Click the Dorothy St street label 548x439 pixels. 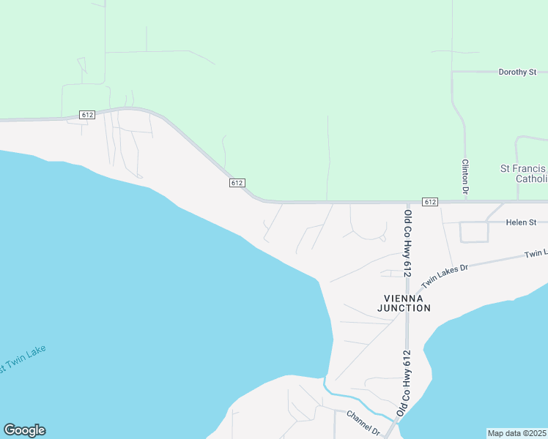(x=517, y=72)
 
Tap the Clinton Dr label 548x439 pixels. (x=465, y=177)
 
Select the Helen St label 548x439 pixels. (x=522, y=222)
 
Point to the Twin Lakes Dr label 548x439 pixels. (x=444, y=271)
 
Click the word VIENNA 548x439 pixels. (x=404, y=298)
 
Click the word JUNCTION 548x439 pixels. (x=404, y=308)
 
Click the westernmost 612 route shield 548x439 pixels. (x=87, y=115)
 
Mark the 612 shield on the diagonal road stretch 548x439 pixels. (x=236, y=183)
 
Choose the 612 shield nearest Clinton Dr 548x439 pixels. (x=430, y=202)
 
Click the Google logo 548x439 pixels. (x=24, y=430)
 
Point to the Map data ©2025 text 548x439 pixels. (x=516, y=433)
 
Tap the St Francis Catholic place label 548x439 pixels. (x=523, y=173)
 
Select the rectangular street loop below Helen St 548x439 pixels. (x=473, y=232)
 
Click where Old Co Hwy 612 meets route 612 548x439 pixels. (x=407, y=202)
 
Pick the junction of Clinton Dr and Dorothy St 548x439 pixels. (x=453, y=72)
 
